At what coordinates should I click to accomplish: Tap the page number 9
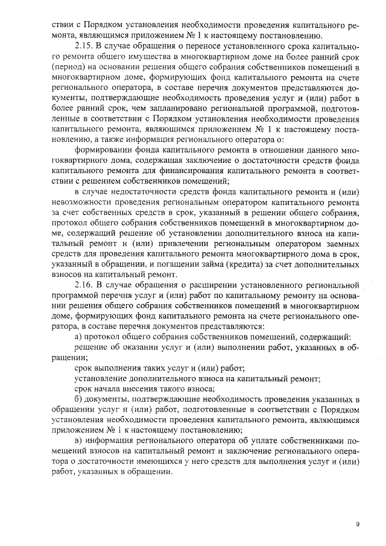coord(358,524)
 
